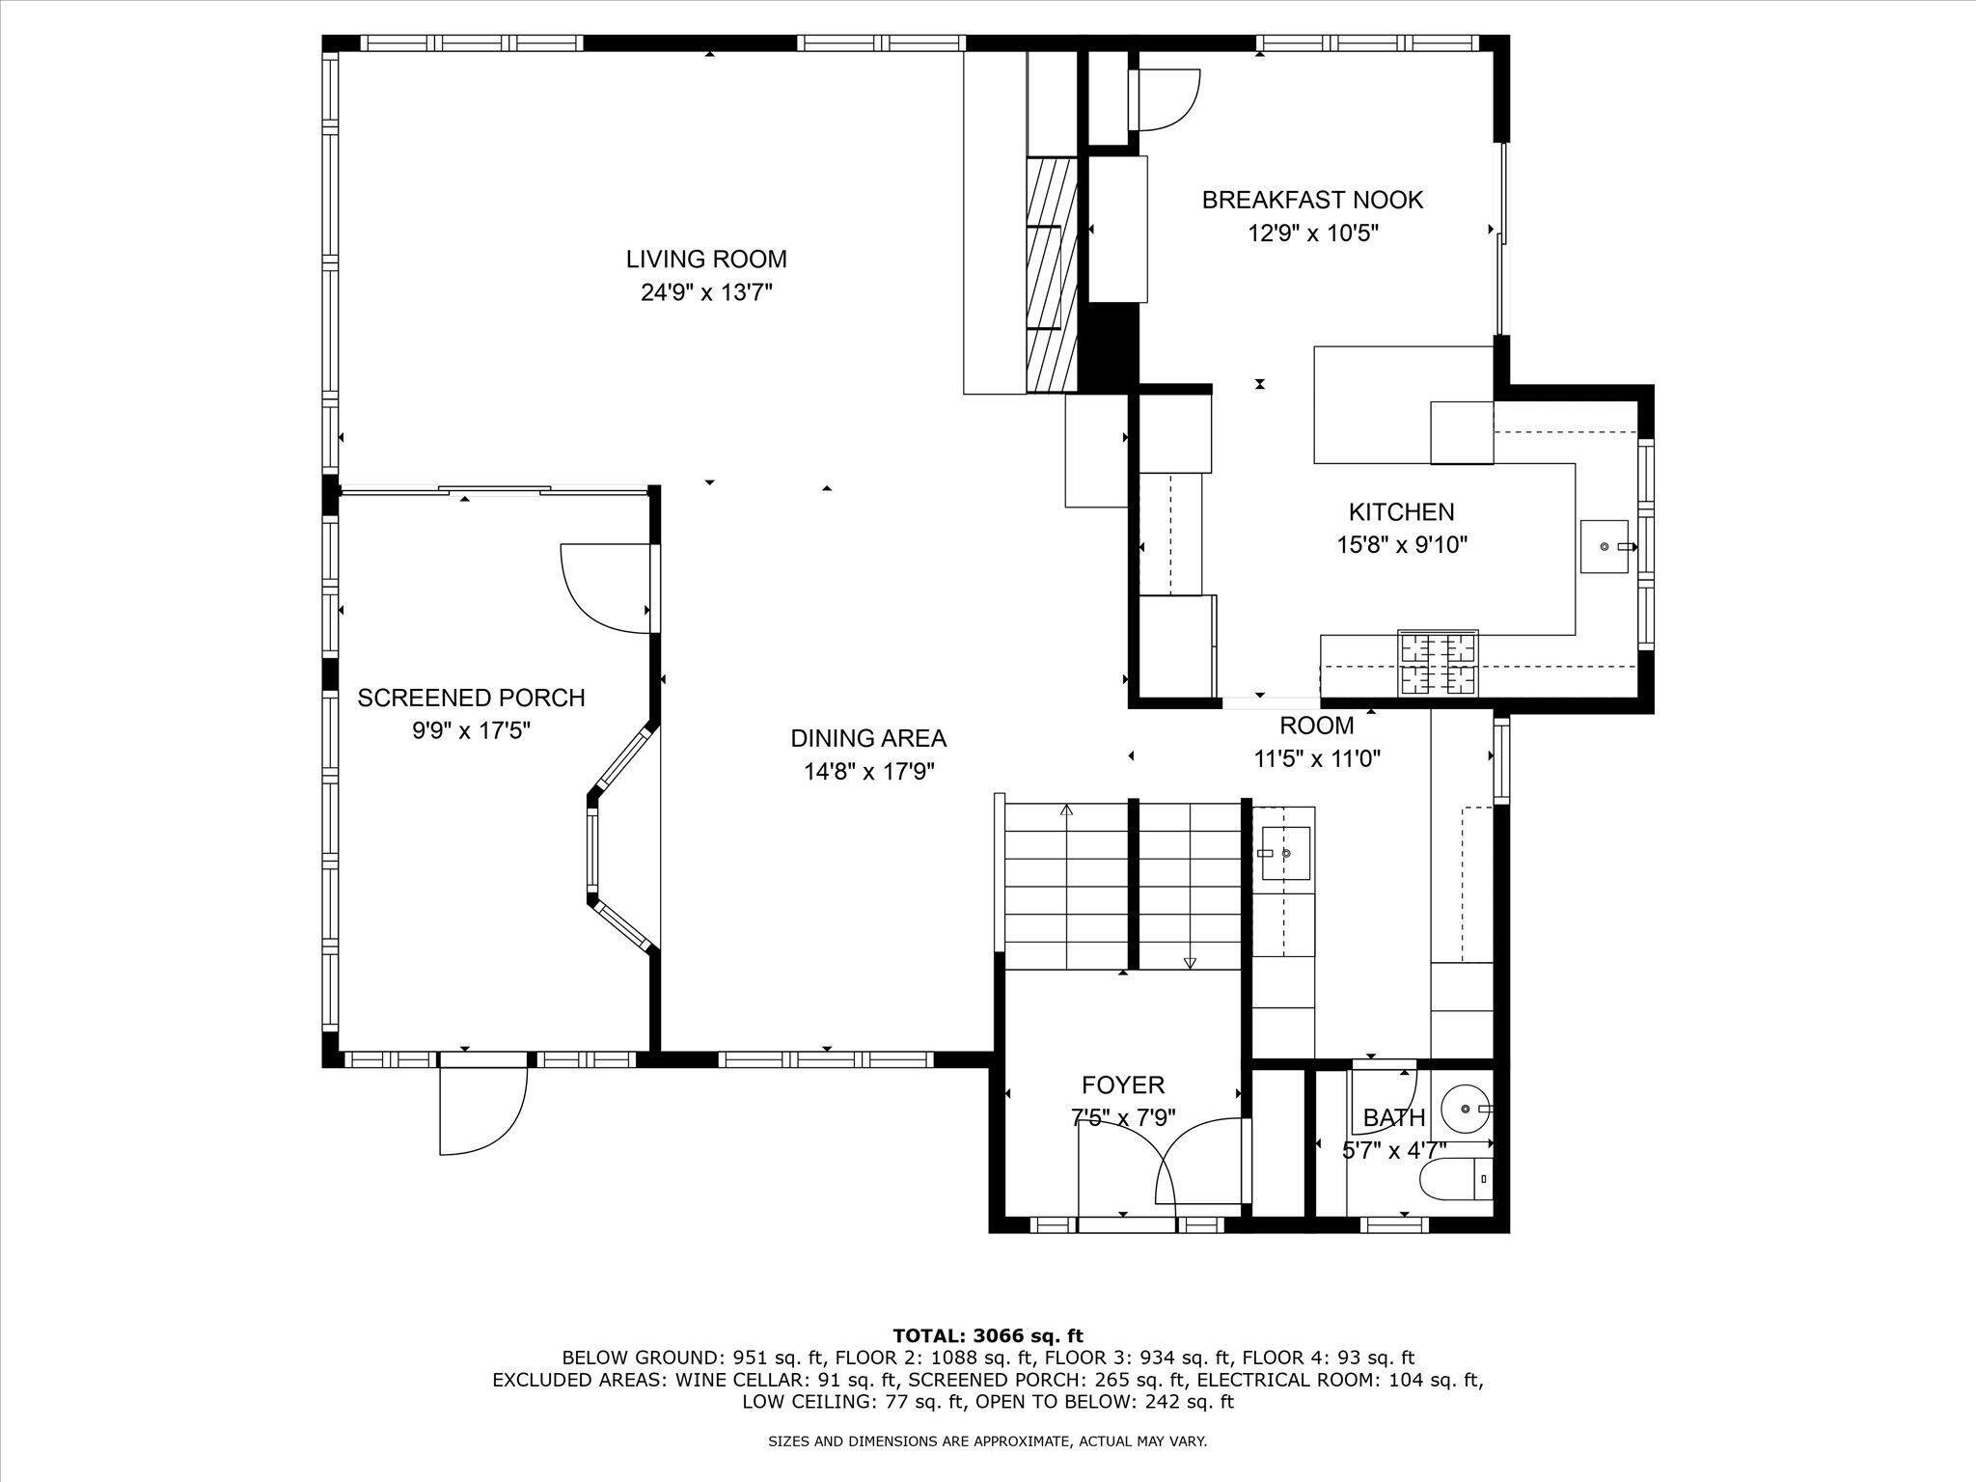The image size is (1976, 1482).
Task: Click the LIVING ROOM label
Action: (706, 260)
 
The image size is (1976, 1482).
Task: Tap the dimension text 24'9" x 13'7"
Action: (706, 292)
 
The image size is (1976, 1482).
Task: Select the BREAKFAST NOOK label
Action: (1312, 201)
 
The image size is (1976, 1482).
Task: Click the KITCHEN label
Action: (1401, 512)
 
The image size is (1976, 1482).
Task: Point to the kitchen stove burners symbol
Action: (1438, 662)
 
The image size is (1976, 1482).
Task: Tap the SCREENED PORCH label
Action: (471, 698)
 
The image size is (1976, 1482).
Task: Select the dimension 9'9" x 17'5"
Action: (471, 730)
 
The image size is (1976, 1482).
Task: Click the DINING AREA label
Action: (868, 739)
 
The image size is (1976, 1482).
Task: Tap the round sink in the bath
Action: (1465, 1110)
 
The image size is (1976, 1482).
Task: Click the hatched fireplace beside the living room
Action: (1051, 275)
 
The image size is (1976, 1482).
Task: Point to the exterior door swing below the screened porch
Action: (482, 1110)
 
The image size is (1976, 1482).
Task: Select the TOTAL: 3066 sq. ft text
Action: (987, 1336)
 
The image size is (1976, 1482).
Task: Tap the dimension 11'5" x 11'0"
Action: (1317, 759)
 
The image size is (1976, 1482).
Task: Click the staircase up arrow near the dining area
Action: (1066, 810)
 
